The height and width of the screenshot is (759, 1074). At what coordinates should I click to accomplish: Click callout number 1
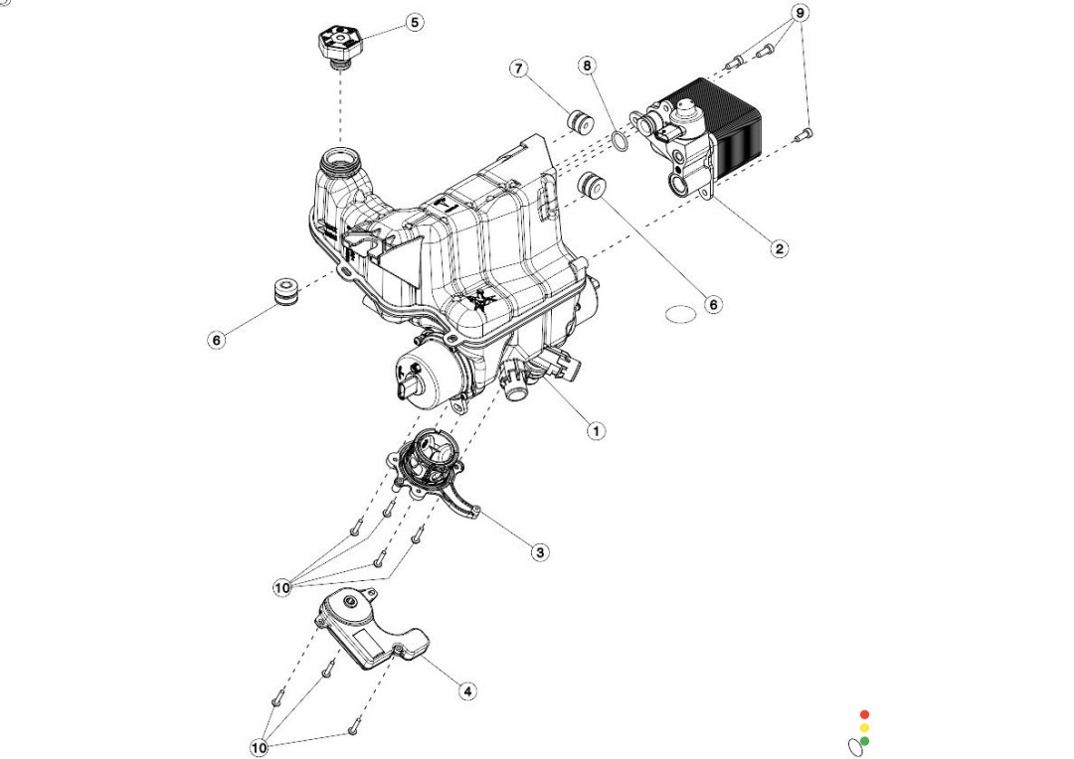[x=596, y=431]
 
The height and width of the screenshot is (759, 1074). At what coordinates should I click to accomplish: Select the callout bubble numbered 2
[x=780, y=248]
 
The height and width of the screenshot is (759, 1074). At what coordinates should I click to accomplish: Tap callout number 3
[x=540, y=552]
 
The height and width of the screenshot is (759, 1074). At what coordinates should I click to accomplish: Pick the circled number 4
[x=467, y=689]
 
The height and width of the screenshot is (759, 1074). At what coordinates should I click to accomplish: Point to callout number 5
[x=415, y=22]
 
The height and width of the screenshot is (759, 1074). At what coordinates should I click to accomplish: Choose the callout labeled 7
[x=518, y=69]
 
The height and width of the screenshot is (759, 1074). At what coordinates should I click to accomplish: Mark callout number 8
[x=588, y=66]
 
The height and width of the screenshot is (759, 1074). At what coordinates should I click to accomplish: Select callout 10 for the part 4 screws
[x=260, y=747]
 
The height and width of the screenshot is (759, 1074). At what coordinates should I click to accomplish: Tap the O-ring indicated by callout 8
[x=619, y=143]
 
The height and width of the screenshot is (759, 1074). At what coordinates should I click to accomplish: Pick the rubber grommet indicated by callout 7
[x=579, y=122]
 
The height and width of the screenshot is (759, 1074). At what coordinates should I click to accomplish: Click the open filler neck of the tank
[x=341, y=160]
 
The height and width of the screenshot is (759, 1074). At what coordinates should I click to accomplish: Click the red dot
[x=864, y=714]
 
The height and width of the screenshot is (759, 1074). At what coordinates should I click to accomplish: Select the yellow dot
[x=864, y=728]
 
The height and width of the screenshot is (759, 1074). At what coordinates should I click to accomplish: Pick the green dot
[x=864, y=741]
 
